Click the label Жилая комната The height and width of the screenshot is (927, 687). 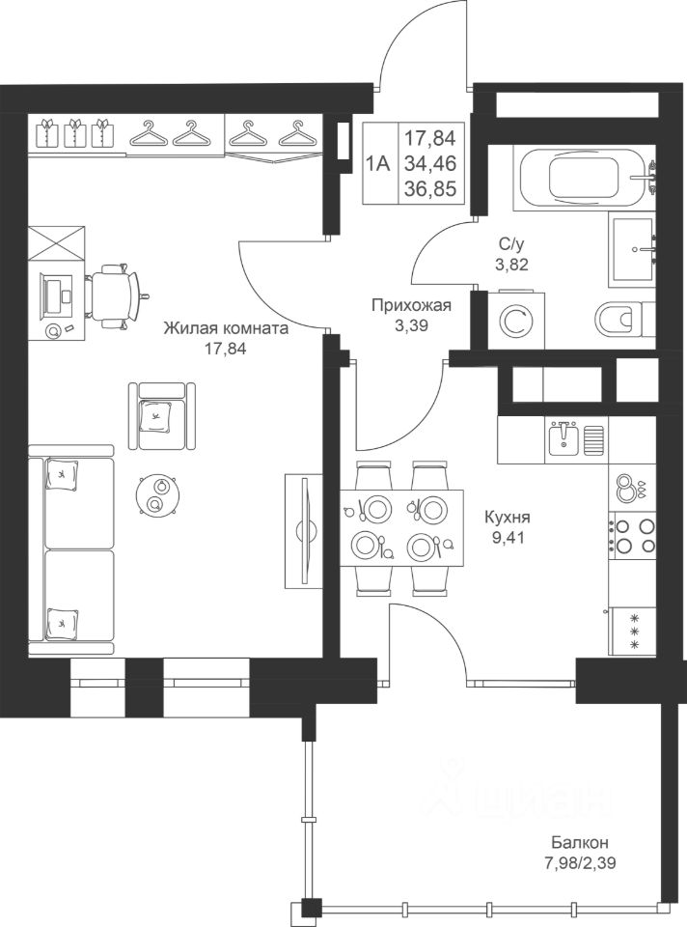(x=226, y=328)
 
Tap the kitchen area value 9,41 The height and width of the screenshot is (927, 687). (x=508, y=538)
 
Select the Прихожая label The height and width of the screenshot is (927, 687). (x=411, y=305)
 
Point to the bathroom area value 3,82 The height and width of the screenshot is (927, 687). (x=511, y=264)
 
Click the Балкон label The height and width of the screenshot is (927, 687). (x=580, y=842)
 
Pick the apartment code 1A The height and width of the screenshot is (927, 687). (x=378, y=163)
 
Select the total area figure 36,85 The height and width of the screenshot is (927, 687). (x=430, y=189)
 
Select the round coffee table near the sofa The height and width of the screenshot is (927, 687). (x=156, y=494)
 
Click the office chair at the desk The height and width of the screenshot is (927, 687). (x=114, y=295)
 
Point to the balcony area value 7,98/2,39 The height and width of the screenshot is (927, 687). (x=580, y=863)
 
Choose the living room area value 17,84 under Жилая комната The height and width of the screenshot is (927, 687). (x=225, y=349)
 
